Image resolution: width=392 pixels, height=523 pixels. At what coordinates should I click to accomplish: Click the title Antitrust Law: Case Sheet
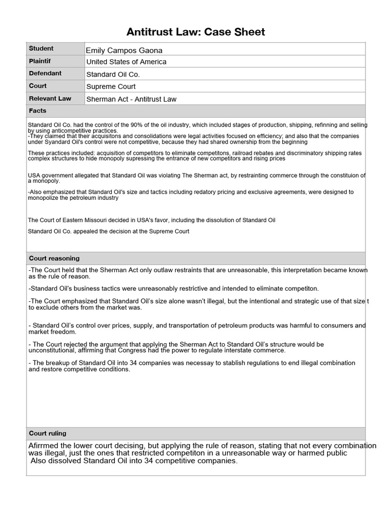[x=196, y=32]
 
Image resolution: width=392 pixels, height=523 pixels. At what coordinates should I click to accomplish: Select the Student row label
[x=41, y=49]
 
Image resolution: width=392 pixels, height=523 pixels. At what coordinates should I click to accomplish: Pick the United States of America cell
[x=126, y=62]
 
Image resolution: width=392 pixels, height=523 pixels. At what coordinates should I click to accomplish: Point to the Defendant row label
[x=45, y=73]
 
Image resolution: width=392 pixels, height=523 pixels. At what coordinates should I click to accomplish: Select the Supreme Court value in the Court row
[x=111, y=86]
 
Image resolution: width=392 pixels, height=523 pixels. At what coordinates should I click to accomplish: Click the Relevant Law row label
[x=50, y=98]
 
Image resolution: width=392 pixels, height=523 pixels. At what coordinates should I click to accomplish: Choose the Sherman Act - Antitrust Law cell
[x=131, y=99]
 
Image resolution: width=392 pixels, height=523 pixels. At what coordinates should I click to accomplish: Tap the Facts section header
[x=38, y=111]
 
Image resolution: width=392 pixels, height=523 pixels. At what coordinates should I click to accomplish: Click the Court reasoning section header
[x=54, y=258]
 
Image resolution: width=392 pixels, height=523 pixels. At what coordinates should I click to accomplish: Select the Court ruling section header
[x=47, y=433]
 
